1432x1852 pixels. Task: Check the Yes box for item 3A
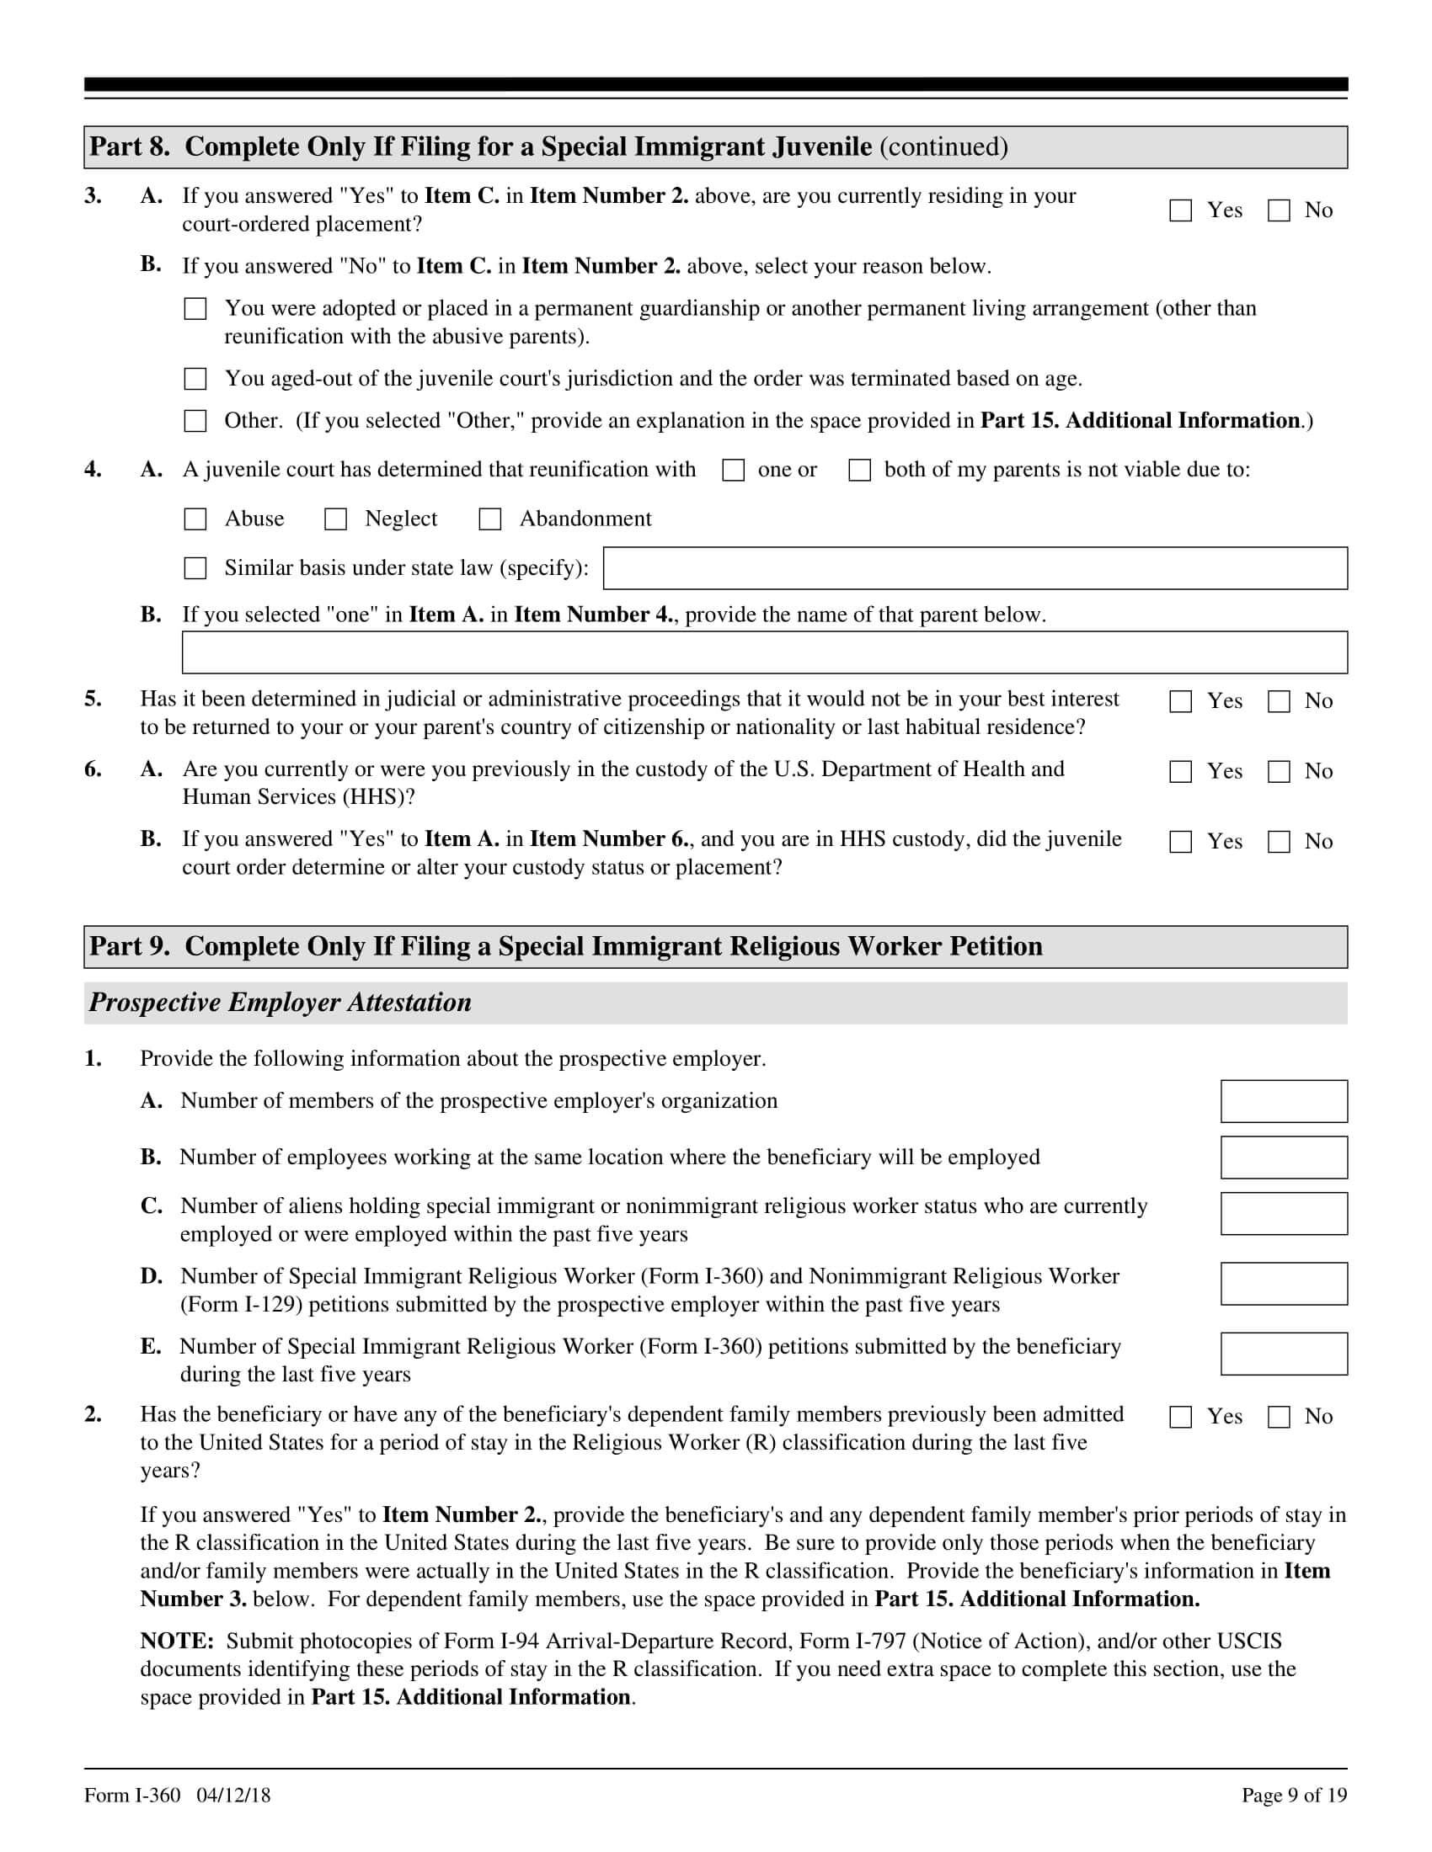click(x=1180, y=210)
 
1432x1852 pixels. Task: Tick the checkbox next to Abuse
click(x=195, y=519)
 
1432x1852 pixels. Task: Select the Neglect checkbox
click(x=336, y=519)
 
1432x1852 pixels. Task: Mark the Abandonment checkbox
click(x=490, y=519)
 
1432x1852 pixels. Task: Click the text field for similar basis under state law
click(x=975, y=568)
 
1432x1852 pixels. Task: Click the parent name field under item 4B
click(x=764, y=652)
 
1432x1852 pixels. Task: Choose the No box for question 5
click(x=1279, y=701)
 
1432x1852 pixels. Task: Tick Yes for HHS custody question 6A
click(x=1180, y=772)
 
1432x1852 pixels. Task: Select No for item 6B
click(x=1279, y=842)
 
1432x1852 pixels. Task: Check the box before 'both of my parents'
click(x=859, y=471)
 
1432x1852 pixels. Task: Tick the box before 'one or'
click(x=733, y=471)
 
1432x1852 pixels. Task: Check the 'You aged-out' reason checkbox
click(x=195, y=379)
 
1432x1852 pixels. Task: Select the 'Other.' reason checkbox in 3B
click(x=195, y=422)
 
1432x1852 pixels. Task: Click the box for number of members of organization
click(x=1284, y=1102)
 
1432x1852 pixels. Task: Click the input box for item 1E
click(x=1284, y=1354)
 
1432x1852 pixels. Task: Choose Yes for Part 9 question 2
click(x=1180, y=1417)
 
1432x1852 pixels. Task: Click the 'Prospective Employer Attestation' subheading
click(x=280, y=1003)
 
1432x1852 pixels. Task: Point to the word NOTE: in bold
click(x=176, y=1642)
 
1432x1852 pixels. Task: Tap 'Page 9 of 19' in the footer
click(x=1294, y=1796)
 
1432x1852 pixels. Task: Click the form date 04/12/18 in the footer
click(x=233, y=1796)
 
